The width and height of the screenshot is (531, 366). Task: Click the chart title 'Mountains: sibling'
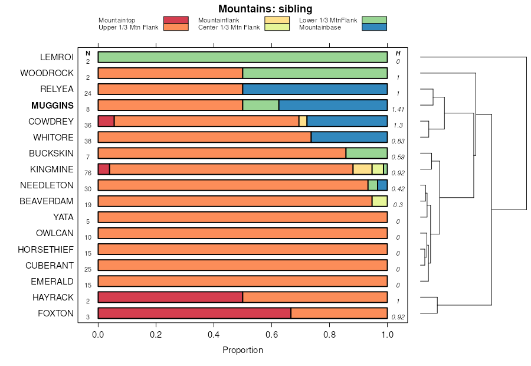click(265, 9)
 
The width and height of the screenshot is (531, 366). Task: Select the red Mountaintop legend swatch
click(176, 20)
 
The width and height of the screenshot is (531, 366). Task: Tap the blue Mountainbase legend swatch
click(374, 27)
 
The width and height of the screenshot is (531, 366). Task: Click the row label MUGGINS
click(53, 106)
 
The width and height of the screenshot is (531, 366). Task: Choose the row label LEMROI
click(57, 57)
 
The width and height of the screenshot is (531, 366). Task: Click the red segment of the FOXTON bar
click(194, 313)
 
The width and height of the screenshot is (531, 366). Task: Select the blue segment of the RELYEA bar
click(314, 89)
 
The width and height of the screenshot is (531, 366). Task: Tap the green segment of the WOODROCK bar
click(314, 73)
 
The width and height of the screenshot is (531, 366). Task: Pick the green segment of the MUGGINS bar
click(260, 105)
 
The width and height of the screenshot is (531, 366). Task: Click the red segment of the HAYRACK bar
click(170, 297)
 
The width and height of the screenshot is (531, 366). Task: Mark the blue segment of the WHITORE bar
click(349, 137)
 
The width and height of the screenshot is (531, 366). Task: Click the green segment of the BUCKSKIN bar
click(366, 153)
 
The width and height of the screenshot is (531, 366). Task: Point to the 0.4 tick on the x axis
click(214, 326)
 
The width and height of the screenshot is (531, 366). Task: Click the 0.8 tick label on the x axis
click(329, 334)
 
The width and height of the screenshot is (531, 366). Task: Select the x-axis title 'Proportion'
click(242, 350)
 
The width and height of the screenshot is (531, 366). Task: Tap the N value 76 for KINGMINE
click(87, 173)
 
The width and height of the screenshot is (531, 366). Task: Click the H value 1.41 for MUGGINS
click(398, 109)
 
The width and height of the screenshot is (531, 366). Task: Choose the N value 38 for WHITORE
click(87, 141)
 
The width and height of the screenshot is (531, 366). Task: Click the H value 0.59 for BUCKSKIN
click(398, 157)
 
